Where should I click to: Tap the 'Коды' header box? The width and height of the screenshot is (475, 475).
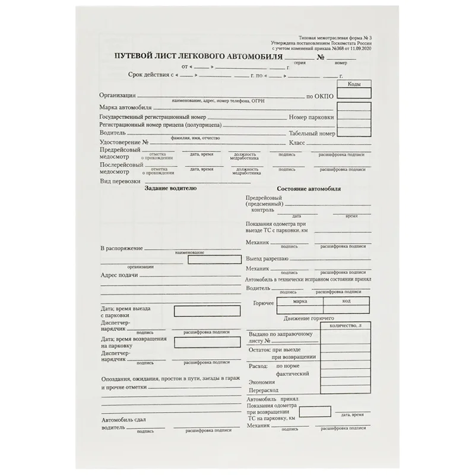354,84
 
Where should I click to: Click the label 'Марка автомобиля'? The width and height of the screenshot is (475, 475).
125,108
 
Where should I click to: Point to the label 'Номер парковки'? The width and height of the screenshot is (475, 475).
311,118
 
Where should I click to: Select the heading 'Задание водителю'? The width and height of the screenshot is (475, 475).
170,188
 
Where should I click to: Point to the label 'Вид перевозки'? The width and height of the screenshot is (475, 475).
121,180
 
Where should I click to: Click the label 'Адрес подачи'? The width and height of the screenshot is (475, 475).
119,275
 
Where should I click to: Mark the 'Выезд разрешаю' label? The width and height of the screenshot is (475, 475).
267,259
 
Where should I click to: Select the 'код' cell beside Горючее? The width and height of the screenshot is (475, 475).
347,301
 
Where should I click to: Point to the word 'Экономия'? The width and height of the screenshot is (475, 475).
262,382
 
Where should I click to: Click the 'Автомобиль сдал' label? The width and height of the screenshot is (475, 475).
123,420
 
